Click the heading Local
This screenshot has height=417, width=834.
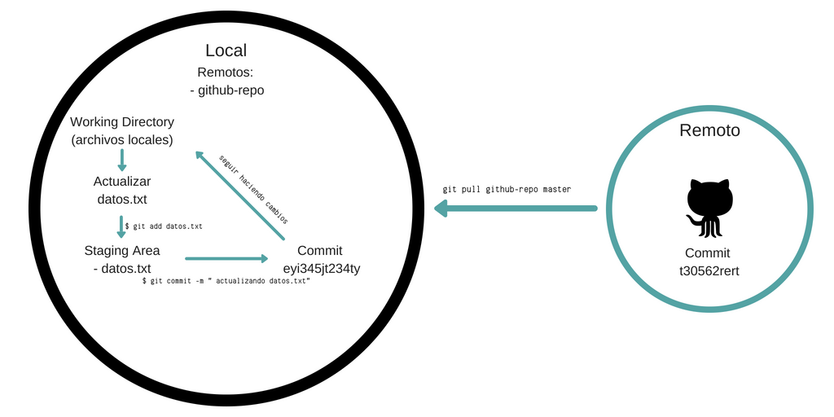226,51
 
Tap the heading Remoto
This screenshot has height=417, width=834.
709,130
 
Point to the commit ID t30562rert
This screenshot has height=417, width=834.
707,270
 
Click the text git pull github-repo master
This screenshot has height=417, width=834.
507,189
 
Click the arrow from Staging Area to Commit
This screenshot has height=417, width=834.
226,259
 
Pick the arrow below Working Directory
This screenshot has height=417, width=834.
122,160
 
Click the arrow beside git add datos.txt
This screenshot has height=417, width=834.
122,226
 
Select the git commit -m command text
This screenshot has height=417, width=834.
226,280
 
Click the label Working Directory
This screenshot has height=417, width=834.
122,122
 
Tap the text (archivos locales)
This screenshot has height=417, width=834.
122,140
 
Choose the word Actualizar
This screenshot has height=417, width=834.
122,181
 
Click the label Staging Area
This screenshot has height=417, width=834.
122,250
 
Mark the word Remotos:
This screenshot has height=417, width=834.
226,72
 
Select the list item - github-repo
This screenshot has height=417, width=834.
226,90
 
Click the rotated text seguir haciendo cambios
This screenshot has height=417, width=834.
254,188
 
